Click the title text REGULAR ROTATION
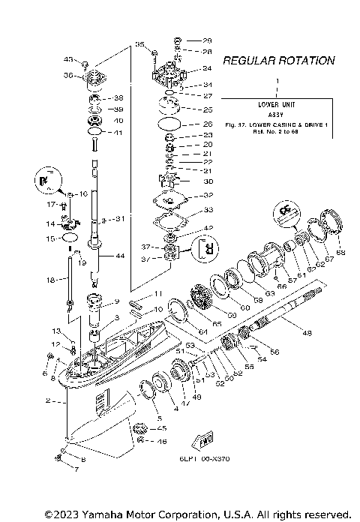pyautogui.click(x=278, y=60)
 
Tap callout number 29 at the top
pyautogui.click(x=208, y=40)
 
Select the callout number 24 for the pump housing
pyautogui.click(x=208, y=68)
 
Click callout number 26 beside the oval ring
pyautogui.click(x=208, y=124)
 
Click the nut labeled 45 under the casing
pyautogui.click(x=139, y=429)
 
